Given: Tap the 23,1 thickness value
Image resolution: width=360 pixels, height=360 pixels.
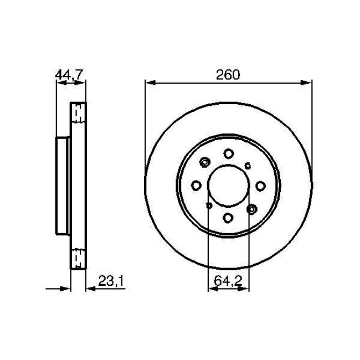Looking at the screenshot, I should [x=110, y=281].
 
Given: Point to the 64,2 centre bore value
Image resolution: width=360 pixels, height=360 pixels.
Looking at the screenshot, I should [x=229, y=281].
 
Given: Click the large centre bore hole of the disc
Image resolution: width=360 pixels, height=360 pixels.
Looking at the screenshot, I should [x=229, y=184].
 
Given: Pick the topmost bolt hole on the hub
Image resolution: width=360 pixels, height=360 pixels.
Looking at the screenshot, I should [x=229, y=154].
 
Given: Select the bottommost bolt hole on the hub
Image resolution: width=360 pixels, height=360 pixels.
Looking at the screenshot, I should [x=229, y=217].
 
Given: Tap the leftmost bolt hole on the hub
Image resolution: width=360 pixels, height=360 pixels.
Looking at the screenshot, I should [x=196, y=185].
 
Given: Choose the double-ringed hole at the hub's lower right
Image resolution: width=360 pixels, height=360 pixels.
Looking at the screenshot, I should [x=253, y=208].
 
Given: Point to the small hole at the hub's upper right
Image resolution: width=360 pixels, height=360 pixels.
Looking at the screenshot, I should [x=249, y=164].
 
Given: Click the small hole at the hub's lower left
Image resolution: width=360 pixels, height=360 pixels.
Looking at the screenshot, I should [x=208, y=206].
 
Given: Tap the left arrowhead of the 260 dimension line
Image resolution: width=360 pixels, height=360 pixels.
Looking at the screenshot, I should [x=148, y=83].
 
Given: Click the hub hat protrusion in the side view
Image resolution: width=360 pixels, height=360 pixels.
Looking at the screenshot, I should [x=63, y=184].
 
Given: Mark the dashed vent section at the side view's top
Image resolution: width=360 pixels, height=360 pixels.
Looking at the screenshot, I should [x=79, y=113].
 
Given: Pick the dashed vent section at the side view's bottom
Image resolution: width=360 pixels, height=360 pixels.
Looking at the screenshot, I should [x=79, y=257].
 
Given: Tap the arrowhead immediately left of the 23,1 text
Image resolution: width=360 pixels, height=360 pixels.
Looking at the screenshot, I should [x=90, y=288].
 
